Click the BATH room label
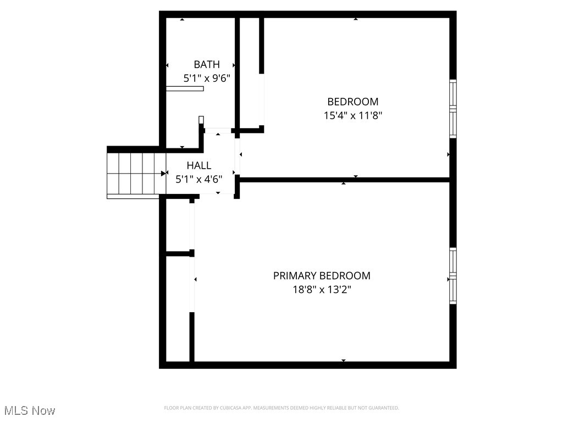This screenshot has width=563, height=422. point(206,65)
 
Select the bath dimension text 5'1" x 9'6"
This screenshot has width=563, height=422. point(206,78)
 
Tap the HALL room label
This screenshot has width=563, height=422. point(198,165)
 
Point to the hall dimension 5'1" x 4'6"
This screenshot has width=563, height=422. point(198,179)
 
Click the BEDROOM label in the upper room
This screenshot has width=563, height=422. point(352,102)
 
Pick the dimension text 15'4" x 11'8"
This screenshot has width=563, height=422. point(352,115)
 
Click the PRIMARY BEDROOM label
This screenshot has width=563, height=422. point(322,276)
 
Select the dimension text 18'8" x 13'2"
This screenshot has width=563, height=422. point(322,290)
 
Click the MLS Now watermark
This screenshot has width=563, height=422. point(30,410)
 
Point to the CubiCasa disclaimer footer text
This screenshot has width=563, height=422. point(281,408)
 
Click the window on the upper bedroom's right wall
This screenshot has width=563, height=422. point(453,108)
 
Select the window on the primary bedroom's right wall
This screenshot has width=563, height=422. point(453,276)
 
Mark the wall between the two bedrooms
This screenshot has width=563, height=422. point(344,180)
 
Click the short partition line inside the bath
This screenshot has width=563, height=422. point(185,88)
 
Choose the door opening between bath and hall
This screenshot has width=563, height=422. point(218,131)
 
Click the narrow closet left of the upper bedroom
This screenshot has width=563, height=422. point(250,71)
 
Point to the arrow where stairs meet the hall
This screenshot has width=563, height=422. point(164,173)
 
